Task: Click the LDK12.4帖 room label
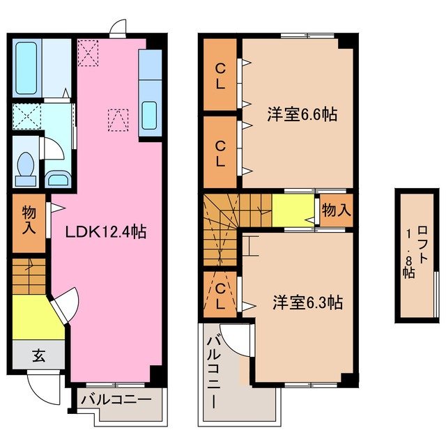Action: [106, 232]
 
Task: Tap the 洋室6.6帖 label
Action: [302, 115]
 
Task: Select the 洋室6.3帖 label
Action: [307, 303]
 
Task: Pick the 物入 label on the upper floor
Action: [337, 209]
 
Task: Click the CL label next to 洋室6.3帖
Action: [220, 294]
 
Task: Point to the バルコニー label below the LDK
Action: [115, 400]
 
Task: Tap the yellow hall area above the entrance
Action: [31, 314]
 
